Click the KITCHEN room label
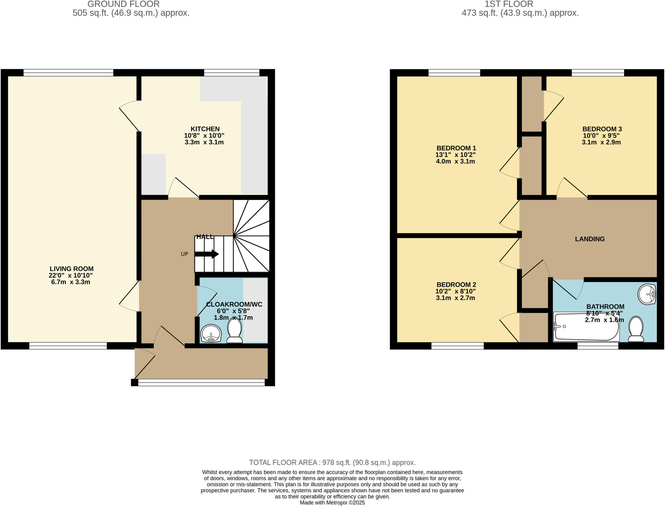coord(205,129)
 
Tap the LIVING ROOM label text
coord(72,269)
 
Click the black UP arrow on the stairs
coord(211,254)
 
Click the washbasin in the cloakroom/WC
coord(211,334)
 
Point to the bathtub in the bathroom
coord(586,327)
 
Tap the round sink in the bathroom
coord(647,294)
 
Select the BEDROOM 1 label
coord(456,148)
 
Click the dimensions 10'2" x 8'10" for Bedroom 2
coord(456,291)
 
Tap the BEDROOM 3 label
coord(602,129)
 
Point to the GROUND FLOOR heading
coord(123,4)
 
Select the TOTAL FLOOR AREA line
coord(332,462)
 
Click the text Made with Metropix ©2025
coord(332,502)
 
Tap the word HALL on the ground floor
coord(205,237)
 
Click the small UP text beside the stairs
coord(184,254)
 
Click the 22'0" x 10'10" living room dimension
coord(71,275)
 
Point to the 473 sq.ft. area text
coord(520,13)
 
